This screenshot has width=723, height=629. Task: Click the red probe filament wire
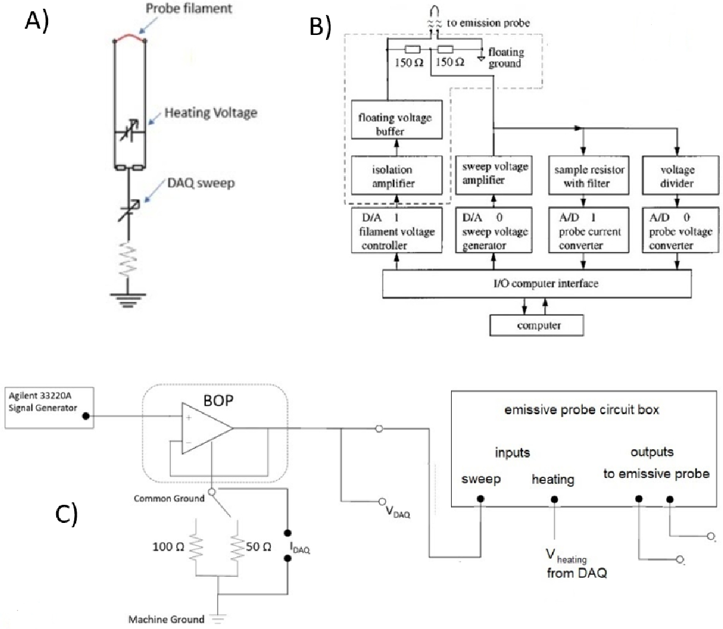[x=130, y=38]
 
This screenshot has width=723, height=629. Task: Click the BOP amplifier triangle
[x=206, y=427]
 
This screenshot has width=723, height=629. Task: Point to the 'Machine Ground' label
[x=166, y=619]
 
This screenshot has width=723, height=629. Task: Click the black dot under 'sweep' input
[x=480, y=499]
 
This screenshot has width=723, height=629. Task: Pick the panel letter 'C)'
[x=66, y=514]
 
